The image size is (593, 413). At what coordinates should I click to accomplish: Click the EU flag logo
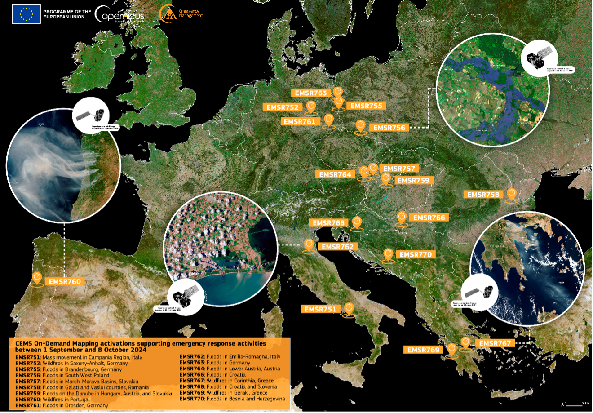27,14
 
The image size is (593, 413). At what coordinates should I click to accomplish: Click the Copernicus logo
119,15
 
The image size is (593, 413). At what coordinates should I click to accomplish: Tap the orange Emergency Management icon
168,14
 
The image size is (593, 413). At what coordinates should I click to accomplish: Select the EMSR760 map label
64,282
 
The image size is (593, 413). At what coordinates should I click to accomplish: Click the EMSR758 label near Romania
483,195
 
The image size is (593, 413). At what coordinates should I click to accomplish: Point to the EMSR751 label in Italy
320,309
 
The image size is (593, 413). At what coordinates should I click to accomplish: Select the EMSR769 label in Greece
423,350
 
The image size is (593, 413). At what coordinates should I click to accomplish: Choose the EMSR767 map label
495,343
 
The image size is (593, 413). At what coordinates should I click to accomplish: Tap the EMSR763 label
311,93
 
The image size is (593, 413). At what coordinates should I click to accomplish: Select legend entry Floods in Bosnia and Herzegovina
232,399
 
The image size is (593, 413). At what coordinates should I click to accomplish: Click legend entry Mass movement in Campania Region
79,357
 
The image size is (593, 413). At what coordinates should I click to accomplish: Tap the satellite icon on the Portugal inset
91,115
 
